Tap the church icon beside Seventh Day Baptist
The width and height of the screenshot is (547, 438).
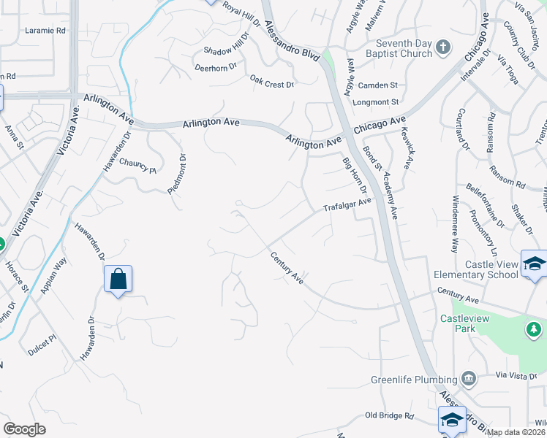(x=442, y=48)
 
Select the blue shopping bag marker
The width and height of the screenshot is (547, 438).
(x=118, y=280)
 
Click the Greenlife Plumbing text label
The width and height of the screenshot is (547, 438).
(x=413, y=380)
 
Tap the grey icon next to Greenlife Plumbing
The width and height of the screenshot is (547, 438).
(x=469, y=379)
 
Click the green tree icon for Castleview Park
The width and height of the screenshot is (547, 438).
(x=534, y=329)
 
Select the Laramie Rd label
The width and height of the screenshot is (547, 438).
(x=45, y=31)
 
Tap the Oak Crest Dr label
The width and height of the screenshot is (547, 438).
(x=271, y=82)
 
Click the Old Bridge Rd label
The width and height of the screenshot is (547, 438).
(x=389, y=416)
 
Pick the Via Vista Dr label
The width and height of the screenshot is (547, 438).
(x=516, y=375)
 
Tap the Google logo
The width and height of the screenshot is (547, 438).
(x=24, y=429)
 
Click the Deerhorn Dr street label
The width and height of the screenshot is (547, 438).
(x=216, y=67)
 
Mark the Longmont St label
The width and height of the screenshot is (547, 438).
(x=375, y=102)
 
